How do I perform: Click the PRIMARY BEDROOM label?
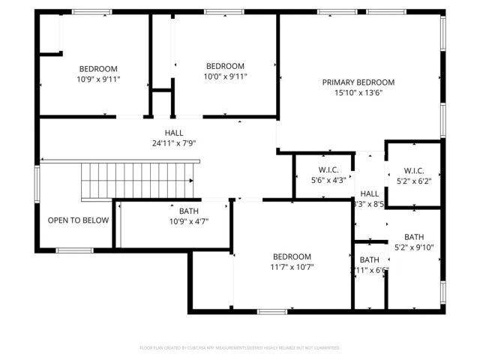pos(358,82)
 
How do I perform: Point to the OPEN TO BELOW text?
pos(78,220)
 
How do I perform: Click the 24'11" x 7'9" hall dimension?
pos(174,142)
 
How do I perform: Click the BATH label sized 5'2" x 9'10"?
pos(414,237)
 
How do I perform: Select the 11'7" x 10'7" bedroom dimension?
pos(292,266)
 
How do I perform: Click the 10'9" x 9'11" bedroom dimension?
pos(98,79)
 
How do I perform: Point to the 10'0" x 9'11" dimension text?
pos(225,76)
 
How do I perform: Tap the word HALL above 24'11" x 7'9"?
pos(174,133)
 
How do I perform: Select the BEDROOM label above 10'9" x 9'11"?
pos(98,68)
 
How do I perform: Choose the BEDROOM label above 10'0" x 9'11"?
pos(225,65)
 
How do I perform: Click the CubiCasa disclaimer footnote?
pos(239,348)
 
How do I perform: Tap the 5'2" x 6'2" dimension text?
pos(414,180)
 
